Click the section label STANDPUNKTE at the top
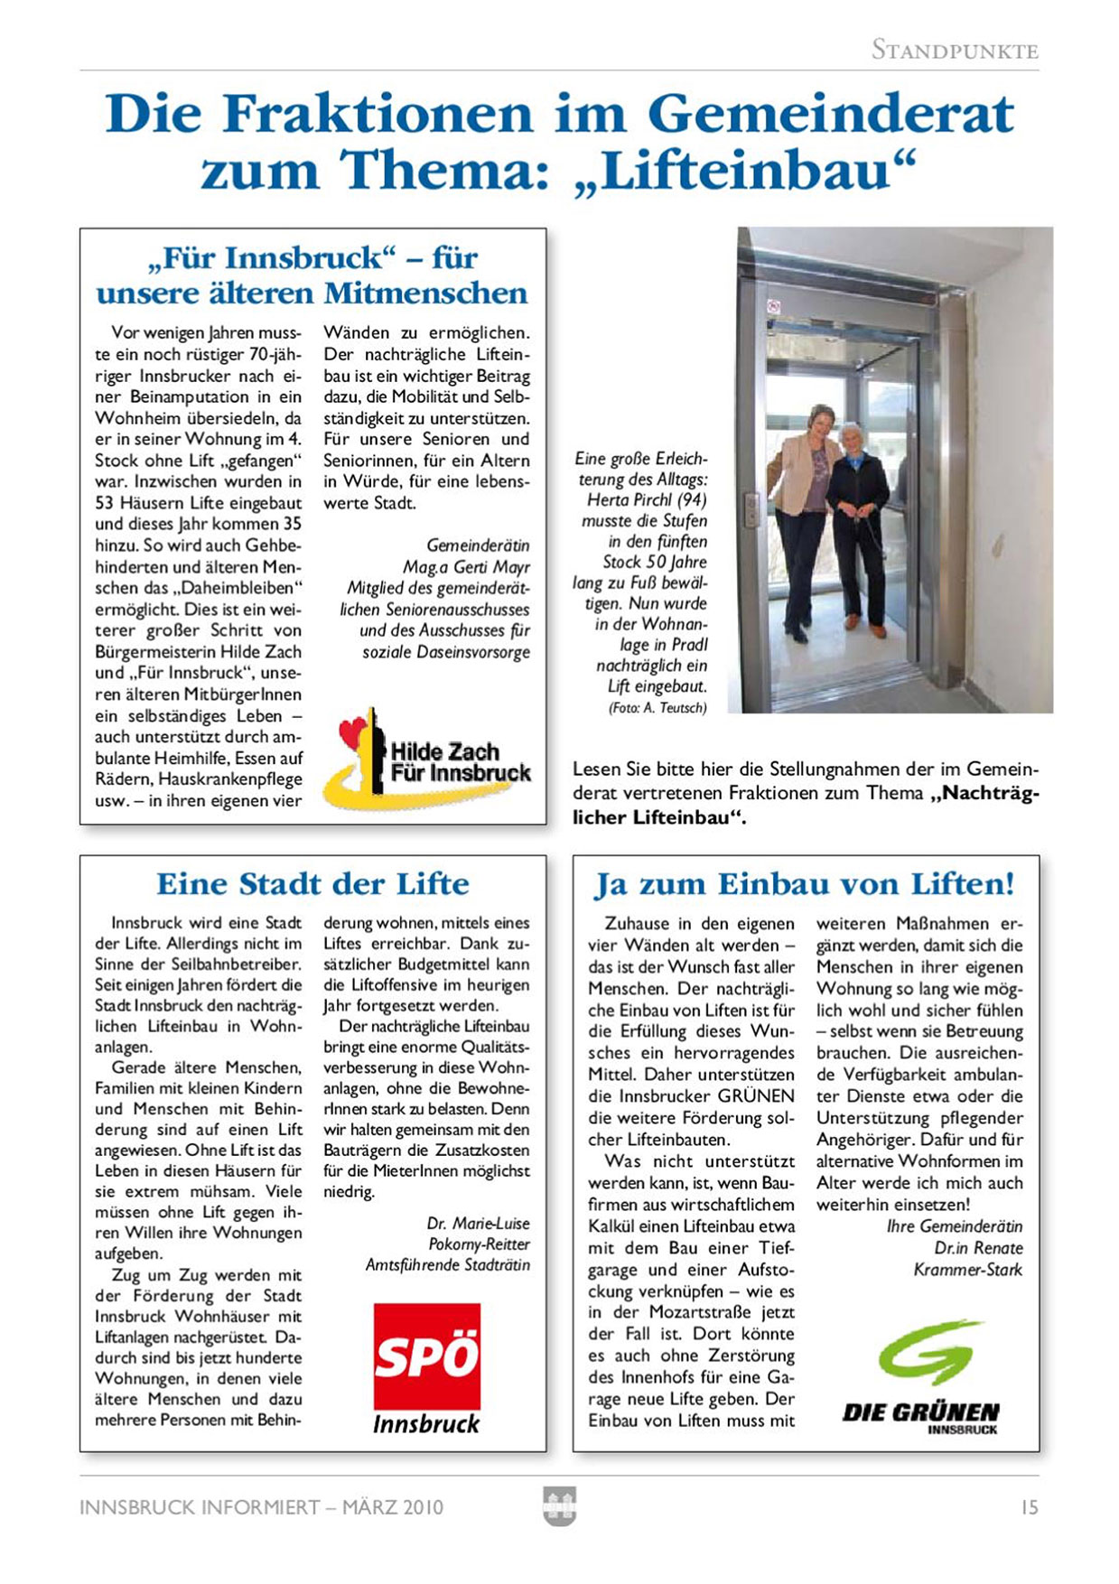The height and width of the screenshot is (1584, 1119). click(x=955, y=51)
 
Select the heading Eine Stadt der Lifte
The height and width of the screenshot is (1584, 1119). click(x=312, y=883)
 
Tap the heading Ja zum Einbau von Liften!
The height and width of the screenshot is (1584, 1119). click(x=805, y=883)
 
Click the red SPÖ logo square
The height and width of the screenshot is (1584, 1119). click(x=426, y=1356)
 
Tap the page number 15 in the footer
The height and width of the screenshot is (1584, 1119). click(x=1029, y=1507)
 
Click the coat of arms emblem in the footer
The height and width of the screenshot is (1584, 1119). click(x=559, y=1506)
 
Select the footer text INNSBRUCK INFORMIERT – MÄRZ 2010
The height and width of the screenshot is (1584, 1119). click(x=262, y=1507)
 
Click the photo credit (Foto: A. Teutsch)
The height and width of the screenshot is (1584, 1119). click(x=657, y=708)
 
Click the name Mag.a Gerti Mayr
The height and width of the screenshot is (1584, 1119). click(x=466, y=567)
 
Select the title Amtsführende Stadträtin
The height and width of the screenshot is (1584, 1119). click(x=447, y=1264)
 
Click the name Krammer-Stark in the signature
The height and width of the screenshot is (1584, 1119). click(x=967, y=1270)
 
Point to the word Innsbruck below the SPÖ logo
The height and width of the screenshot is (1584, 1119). click(x=426, y=1424)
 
